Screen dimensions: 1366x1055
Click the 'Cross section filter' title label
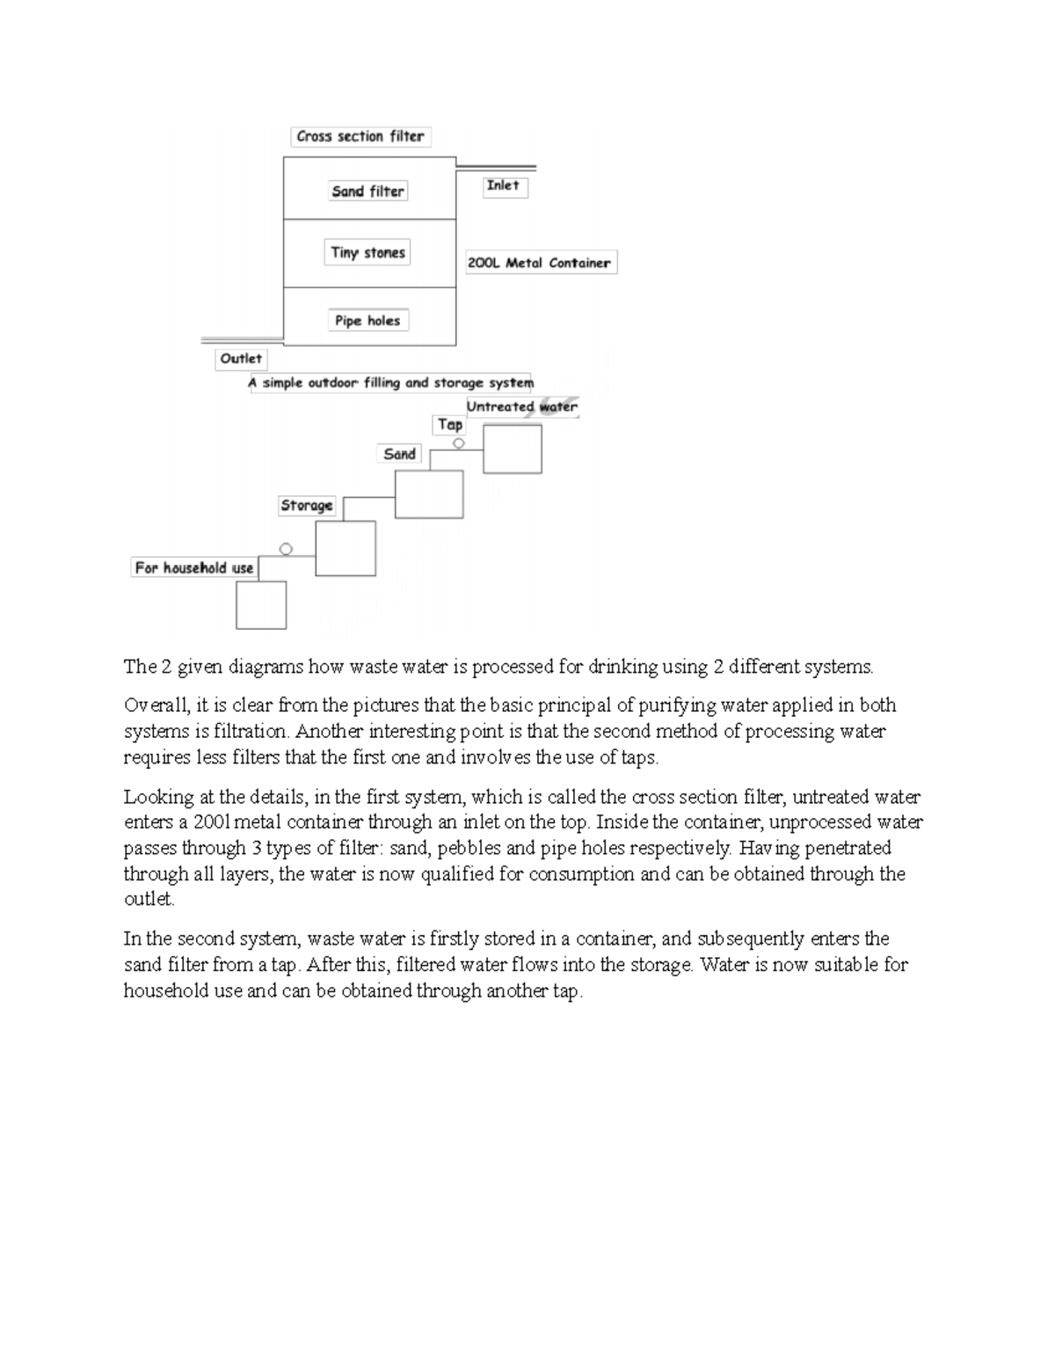tap(360, 136)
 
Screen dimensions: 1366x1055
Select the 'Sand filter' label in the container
tap(367, 191)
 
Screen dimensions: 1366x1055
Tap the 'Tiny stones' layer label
tap(367, 252)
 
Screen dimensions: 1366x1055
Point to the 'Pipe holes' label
tap(367, 321)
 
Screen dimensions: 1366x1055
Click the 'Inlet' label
tap(504, 186)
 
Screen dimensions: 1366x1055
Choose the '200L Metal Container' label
tap(540, 262)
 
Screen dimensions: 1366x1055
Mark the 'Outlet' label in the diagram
tap(241, 359)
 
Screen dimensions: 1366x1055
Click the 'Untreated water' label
tap(522, 406)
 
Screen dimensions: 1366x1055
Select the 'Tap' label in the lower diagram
tap(450, 424)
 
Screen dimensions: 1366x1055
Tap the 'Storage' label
tap(307, 505)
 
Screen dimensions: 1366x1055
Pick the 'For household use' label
tap(194, 568)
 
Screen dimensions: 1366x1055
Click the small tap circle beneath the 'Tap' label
tap(458, 443)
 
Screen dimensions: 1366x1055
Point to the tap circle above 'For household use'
tap(285, 549)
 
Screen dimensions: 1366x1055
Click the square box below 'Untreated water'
tap(513, 449)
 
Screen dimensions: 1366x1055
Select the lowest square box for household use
tap(261, 605)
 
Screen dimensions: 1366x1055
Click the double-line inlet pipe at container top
tap(497, 166)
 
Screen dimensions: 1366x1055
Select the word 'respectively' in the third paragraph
tap(679, 848)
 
